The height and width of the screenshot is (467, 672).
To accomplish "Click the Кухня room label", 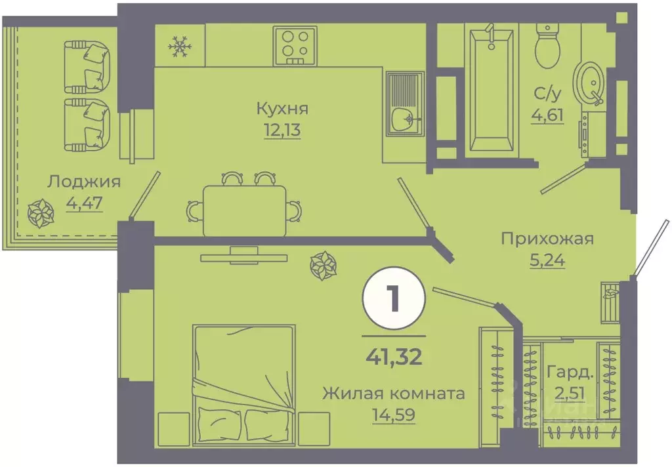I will pos(283,109).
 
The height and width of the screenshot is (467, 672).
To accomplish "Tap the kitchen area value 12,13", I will pos(283,129).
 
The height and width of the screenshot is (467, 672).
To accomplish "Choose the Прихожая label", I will pos(547,238).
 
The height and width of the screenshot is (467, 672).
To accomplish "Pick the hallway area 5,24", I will pos(547,259).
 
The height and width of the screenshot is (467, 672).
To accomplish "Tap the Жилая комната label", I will pos(394,394).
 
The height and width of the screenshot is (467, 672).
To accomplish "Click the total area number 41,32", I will pos(394,357).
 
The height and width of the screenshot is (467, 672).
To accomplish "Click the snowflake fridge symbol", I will pos(179,46).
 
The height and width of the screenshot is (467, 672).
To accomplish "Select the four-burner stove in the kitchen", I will pos(295,45).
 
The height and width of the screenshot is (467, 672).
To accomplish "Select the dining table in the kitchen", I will pos(244,209).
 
